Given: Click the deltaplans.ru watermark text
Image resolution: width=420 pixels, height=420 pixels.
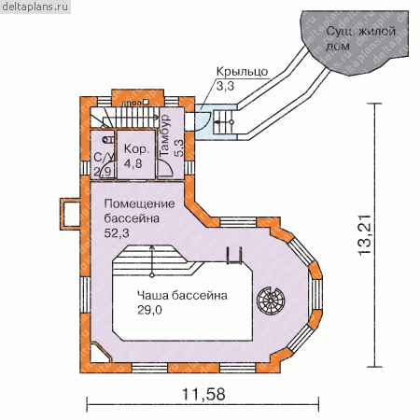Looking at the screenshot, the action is tap(35, 7).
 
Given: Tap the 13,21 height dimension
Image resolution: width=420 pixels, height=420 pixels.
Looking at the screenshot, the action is tap(365, 235).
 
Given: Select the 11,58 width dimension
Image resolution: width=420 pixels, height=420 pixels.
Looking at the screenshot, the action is tap(203, 395).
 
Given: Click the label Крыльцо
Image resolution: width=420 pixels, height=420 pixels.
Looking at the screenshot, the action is tap(242, 72).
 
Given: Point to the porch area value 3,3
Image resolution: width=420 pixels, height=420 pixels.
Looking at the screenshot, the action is tap(225, 86).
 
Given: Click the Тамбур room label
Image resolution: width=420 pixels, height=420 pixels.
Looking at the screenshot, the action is tap(165, 135).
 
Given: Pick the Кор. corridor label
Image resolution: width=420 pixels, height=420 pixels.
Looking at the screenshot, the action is tap(136, 149).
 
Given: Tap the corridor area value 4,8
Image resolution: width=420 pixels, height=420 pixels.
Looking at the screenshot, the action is tap(133, 163).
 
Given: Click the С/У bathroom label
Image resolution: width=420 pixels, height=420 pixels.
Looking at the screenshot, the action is tap(101, 158).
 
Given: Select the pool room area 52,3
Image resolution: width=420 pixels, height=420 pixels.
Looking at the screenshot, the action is tap(117, 233).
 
